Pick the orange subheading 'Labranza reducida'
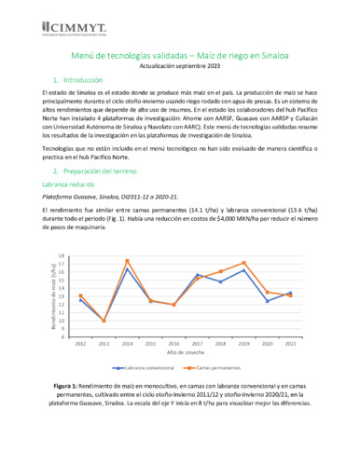pos(76,186)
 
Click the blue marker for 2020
pos(268,300)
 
